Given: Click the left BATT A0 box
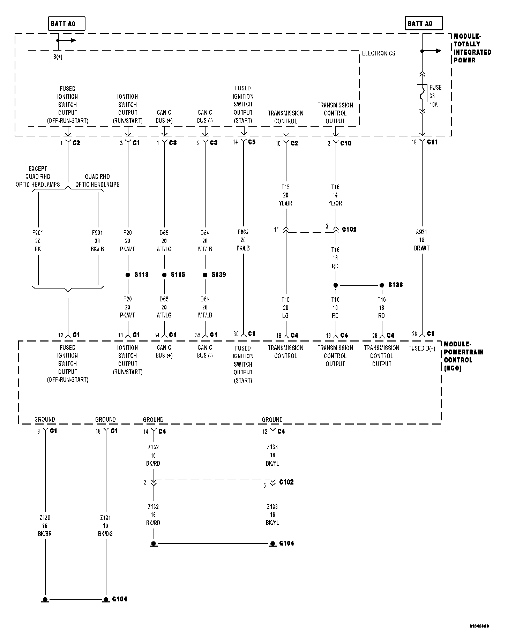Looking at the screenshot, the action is (x=66, y=24).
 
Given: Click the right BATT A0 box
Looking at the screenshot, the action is (x=424, y=24).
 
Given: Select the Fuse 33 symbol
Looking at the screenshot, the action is (x=422, y=93).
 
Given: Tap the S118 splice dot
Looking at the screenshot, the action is (x=128, y=275).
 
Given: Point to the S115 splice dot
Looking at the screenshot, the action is (x=164, y=275).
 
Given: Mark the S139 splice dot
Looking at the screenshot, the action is (x=205, y=275).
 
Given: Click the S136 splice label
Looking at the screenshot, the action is (x=395, y=285).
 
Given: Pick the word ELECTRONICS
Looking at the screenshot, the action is (x=379, y=53).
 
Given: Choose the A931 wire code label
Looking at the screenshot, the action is (x=421, y=232).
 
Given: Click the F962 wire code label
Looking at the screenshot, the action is (x=243, y=232).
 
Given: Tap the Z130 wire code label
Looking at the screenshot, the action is (x=45, y=518).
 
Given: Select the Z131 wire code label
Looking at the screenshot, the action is (x=105, y=518).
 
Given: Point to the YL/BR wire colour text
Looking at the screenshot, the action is (x=286, y=203).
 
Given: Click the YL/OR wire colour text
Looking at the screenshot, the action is (x=335, y=203).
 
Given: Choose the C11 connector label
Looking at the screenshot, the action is (x=432, y=142).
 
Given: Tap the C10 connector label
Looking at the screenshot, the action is (x=346, y=143).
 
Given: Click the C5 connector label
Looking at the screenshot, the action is (x=252, y=142).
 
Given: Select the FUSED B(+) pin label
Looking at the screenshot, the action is (x=422, y=348).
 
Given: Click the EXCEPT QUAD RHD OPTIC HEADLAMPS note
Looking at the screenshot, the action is (x=38, y=177).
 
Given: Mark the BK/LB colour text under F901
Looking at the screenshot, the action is (x=97, y=249).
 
